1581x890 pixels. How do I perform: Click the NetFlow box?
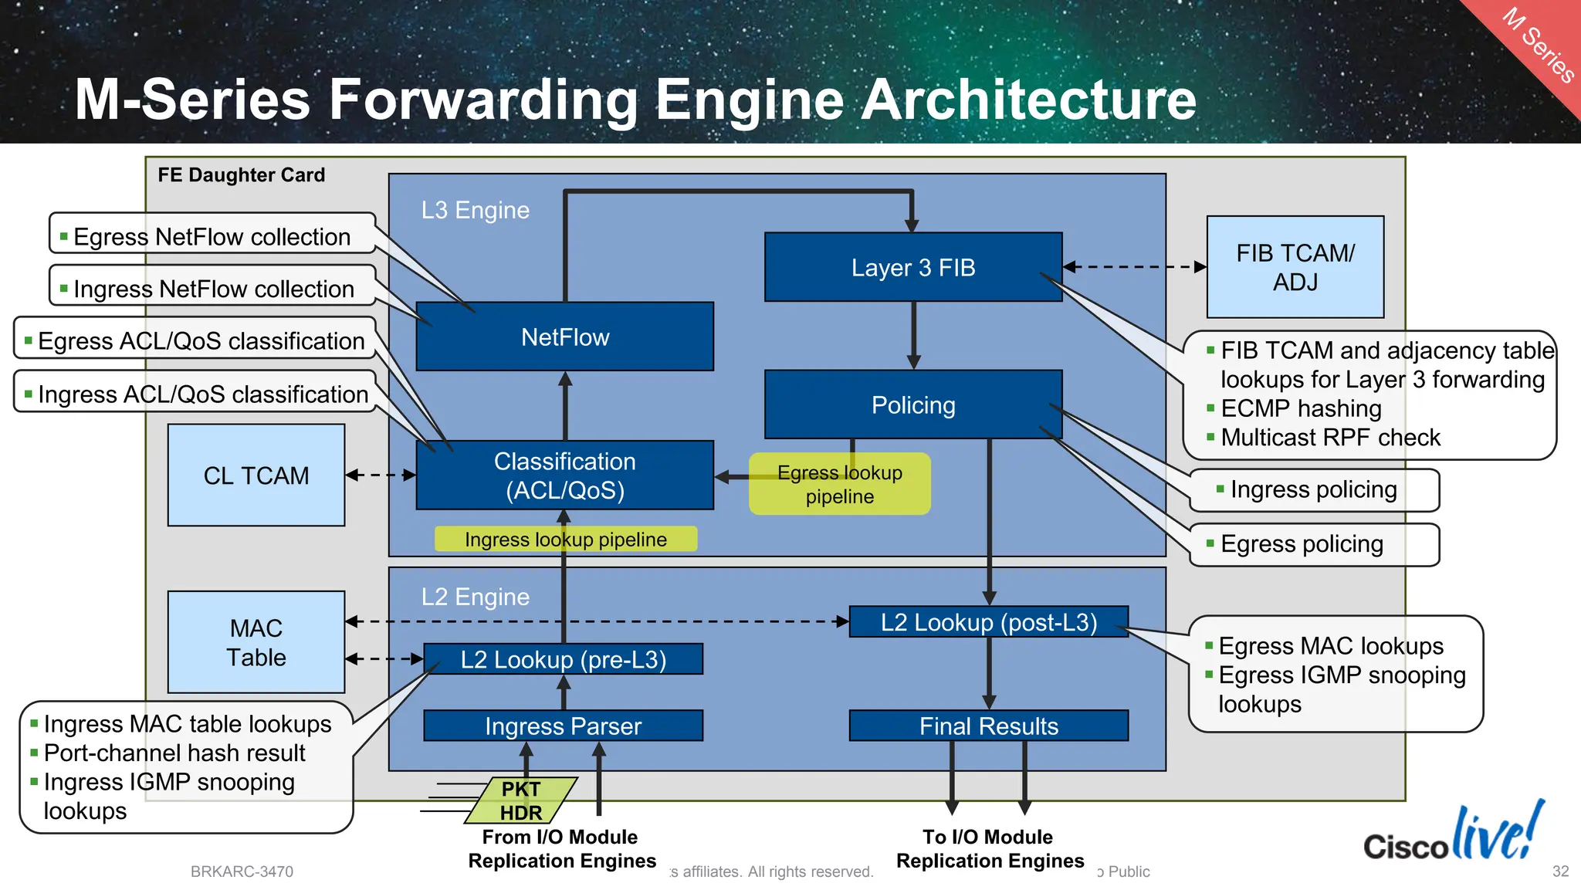tap(564, 337)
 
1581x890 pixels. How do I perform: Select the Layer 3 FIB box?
tap(912, 268)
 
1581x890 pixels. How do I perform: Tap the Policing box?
tap(912, 405)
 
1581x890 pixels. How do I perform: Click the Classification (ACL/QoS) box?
tap(564, 475)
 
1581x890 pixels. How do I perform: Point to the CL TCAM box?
tap(256, 475)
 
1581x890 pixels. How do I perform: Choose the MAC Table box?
tap(256, 642)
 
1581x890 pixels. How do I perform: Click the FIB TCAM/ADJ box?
tap(1295, 267)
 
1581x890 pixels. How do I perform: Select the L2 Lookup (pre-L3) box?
tap(563, 660)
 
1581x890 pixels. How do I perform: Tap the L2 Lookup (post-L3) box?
tap(988, 622)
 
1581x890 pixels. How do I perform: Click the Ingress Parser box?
tap(563, 726)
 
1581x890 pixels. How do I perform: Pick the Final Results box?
tap(988, 726)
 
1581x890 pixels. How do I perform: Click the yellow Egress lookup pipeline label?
tap(839, 485)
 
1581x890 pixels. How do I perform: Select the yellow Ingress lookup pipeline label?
tap(565, 540)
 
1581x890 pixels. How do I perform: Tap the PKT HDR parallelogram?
tap(521, 800)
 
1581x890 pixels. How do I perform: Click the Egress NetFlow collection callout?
tap(212, 237)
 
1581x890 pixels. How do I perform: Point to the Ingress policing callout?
tap(1313, 490)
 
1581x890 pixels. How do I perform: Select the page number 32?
tap(1560, 871)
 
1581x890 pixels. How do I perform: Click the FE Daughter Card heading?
tap(241, 175)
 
